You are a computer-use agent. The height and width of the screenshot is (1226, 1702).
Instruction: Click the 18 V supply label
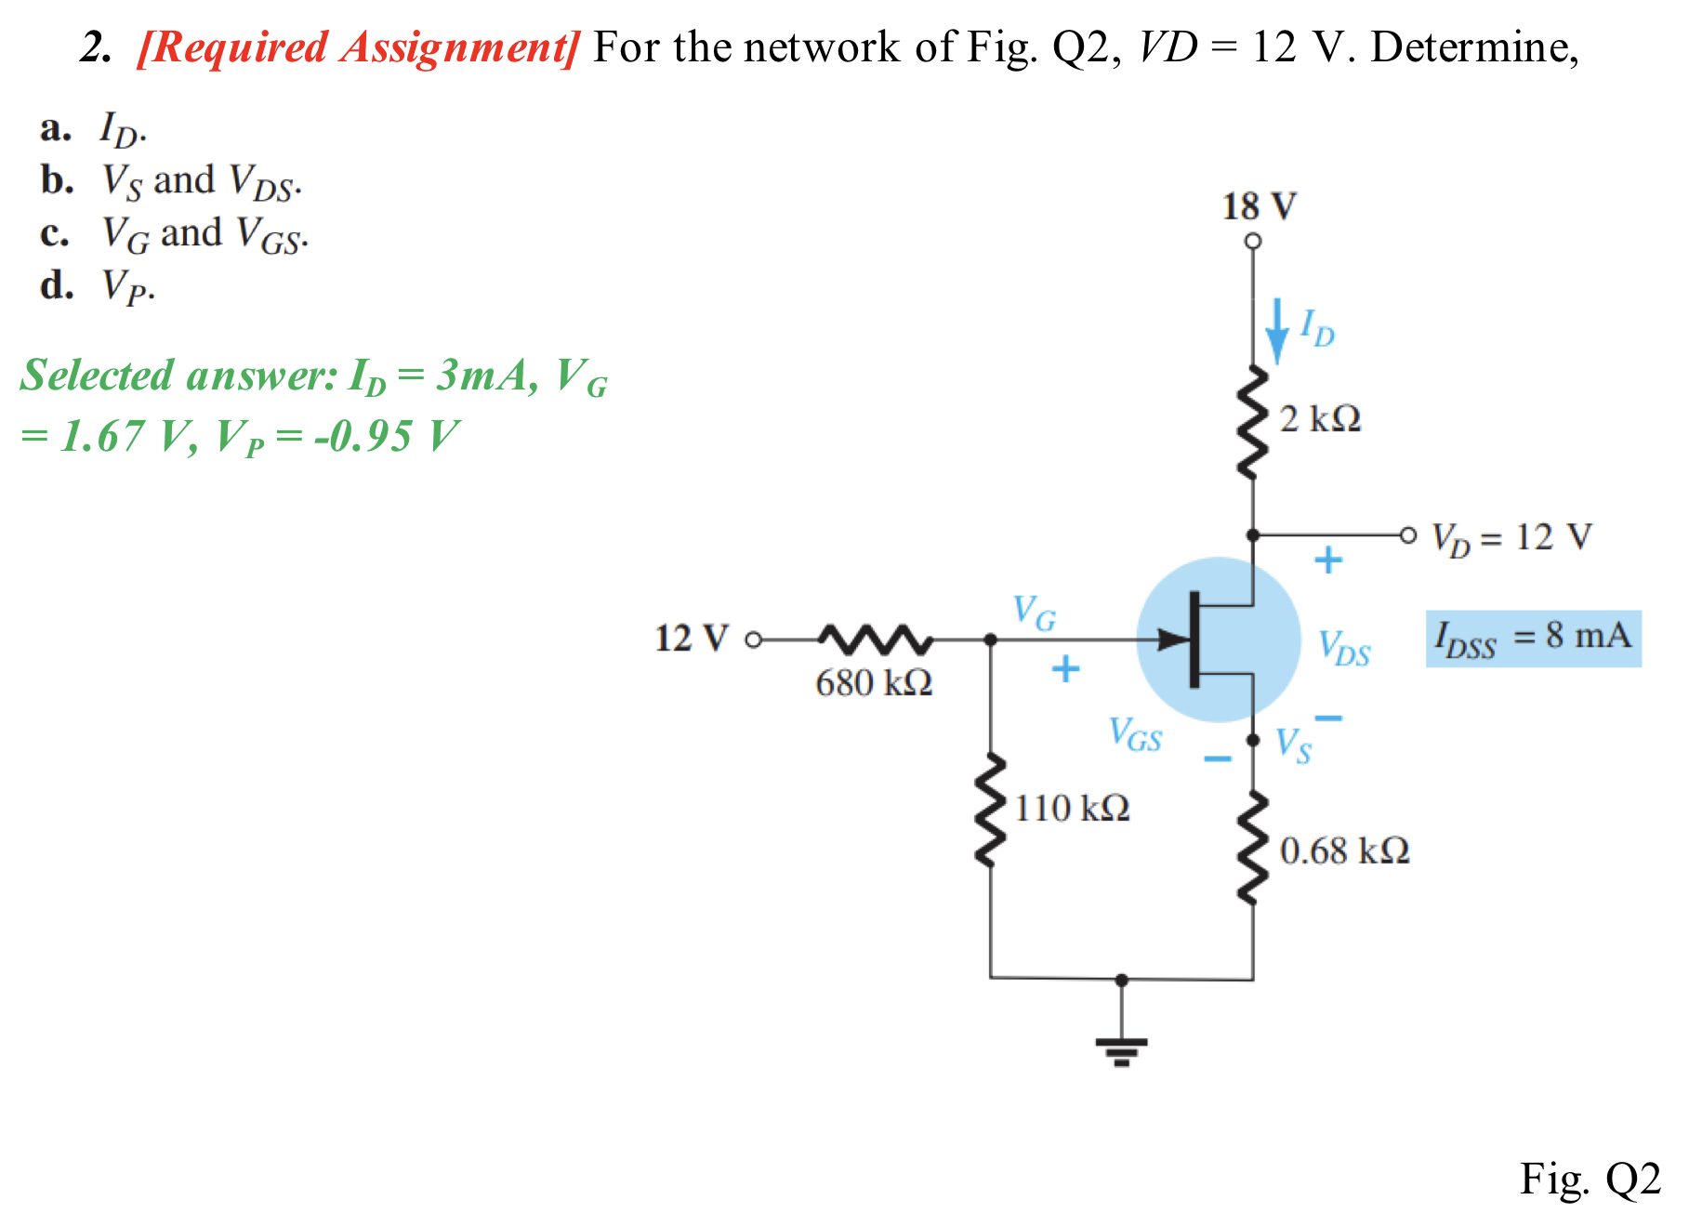click(x=1259, y=206)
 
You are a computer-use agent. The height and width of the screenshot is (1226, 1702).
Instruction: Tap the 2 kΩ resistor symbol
click(x=1253, y=423)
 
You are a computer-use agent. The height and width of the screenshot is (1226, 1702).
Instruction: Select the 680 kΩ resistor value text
click(x=874, y=683)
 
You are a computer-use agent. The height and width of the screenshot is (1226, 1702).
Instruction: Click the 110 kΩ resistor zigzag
click(x=991, y=811)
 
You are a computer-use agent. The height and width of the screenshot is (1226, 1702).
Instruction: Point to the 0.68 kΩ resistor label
click(x=1344, y=850)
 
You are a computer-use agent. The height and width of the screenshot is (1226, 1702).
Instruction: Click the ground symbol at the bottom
click(x=1122, y=1048)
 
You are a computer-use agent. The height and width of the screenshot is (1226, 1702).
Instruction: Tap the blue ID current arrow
click(x=1278, y=331)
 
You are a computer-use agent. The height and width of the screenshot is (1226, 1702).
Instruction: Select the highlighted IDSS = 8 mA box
click(x=1533, y=638)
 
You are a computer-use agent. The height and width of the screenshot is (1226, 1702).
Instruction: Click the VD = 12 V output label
click(x=1511, y=537)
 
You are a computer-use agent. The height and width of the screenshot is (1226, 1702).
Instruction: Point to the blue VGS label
click(x=1135, y=734)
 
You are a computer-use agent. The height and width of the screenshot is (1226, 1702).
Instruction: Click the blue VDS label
click(x=1344, y=648)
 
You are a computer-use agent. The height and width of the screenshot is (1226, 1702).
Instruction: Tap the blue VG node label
click(x=1034, y=613)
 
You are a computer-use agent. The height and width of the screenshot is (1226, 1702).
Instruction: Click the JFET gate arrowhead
click(x=1173, y=639)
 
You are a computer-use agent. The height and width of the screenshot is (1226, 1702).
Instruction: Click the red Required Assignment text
click(x=359, y=47)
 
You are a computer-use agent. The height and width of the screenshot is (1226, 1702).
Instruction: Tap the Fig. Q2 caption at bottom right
click(x=1590, y=1179)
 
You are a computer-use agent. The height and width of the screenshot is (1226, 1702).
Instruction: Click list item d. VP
click(x=98, y=286)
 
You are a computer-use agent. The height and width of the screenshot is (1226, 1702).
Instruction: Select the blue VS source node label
click(x=1293, y=745)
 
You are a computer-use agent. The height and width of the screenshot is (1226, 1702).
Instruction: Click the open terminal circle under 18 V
click(x=1253, y=241)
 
